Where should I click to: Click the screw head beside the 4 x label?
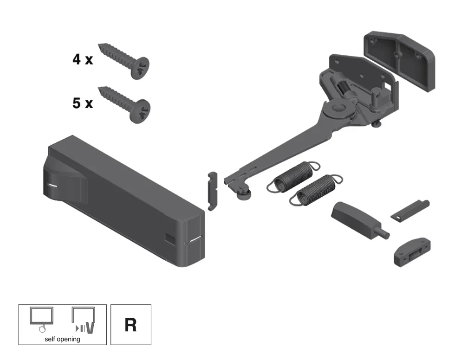click(x=140, y=68)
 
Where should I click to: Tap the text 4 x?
click(x=83, y=59)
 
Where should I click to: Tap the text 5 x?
click(x=83, y=103)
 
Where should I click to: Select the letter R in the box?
click(x=130, y=325)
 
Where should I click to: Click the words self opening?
click(x=63, y=339)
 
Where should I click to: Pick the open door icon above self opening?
click(x=84, y=321)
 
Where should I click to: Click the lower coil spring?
click(x=316, y=190)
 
